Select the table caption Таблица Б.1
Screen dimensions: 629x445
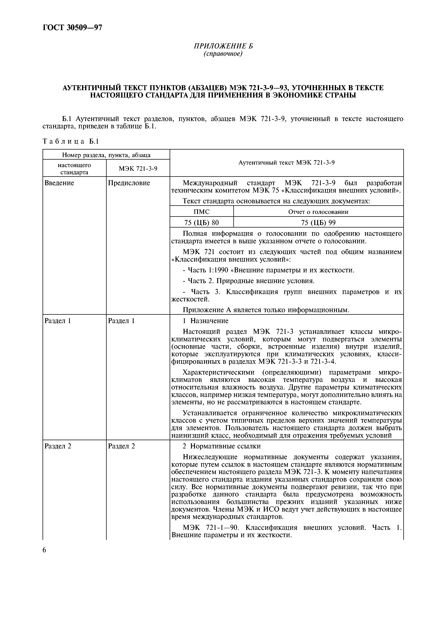point(71,141)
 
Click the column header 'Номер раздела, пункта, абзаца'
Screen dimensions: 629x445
point(106,155)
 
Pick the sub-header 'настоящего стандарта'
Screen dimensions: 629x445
point(74,169)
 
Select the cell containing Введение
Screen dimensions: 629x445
point(59,183)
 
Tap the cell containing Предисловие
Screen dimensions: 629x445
point(129,183)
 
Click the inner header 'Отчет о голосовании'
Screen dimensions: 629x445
point(318,212)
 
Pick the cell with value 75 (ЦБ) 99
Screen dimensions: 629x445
point(318,223)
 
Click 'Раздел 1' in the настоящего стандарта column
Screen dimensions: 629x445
point(58,321)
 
